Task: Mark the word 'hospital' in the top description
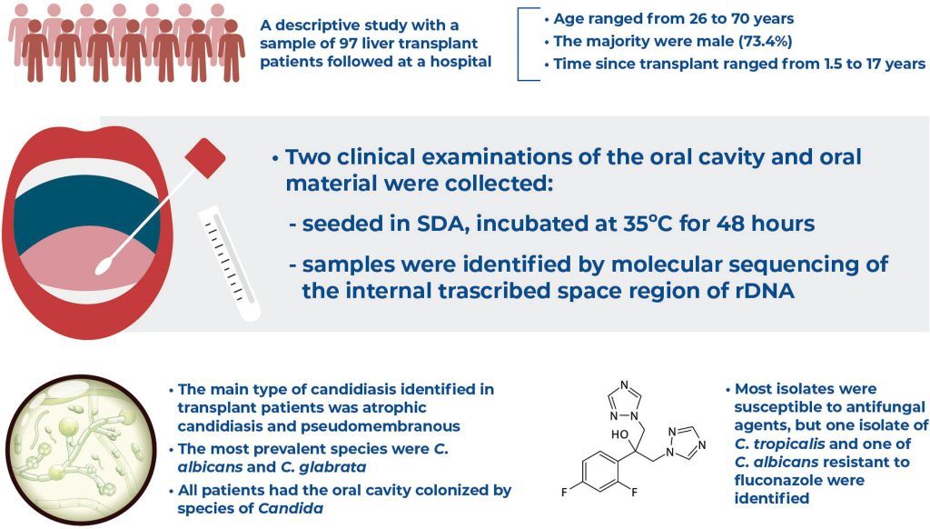click(x=460, y=62)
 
